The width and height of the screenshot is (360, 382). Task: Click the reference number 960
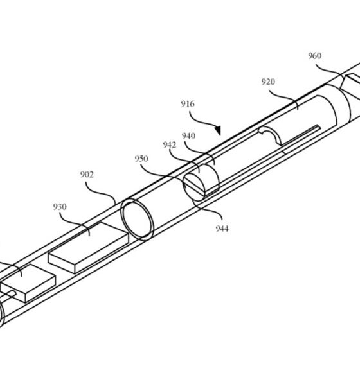pyautogui.click(x=314, y=56)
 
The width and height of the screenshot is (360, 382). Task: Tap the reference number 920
pyautogui.click(x=268, y=82)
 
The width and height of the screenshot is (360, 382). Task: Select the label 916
pyautogui.click(x=188, y=104)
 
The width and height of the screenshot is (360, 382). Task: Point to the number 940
pyautogui.click(x=188, y=135)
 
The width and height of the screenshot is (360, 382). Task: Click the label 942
pyautogui.click(x=170, y=145)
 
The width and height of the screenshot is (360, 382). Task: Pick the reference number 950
pyautogui.click(x=141, y=159)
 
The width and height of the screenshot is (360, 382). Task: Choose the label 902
pyautogui.click(x=87, y=175)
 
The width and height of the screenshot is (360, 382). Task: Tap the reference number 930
pyautogui.click(x=60, y=207)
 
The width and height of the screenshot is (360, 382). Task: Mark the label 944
pyautogui.click(x=222, y=229)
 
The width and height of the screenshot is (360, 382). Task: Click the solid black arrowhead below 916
pyautogui.click(x=218, y=130)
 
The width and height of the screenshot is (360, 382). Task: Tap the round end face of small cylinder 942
pyautogui.click(x=194, y=187)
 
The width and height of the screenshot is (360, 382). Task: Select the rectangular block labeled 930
pyautogui.click(x=89, y=248)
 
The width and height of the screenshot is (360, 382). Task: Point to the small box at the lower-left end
pyautogui.click(x=28, y=283)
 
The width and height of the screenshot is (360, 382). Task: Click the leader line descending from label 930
pyautogui.click(x=75, y=223)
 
